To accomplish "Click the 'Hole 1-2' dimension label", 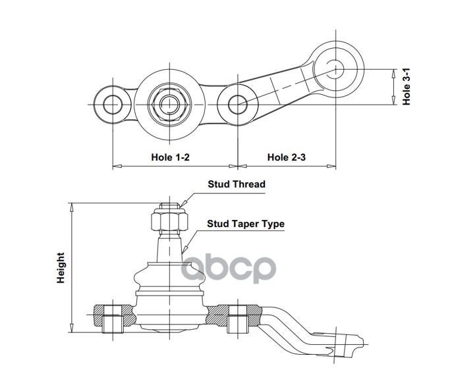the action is [x=171, y=157].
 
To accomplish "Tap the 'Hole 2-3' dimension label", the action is [x=287, y=157].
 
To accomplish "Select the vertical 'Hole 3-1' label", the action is [x=406, y=87].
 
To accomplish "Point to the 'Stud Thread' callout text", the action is [x=237, y=184].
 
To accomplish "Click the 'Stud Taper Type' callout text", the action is [x=246, y=224].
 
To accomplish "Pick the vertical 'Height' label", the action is [x=61, y=268].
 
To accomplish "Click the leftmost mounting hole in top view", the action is [x=113, y=105].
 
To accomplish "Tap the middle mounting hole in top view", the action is [x=238, y=105].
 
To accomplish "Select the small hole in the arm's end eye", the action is [x=335, y=69].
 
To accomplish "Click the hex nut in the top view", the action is [x=169, y=105].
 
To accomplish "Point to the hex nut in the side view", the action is [x=169, y=220].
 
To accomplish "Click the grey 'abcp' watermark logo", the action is [x=229, y=269].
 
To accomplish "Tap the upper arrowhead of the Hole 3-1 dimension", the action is [x=393, y=74].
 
